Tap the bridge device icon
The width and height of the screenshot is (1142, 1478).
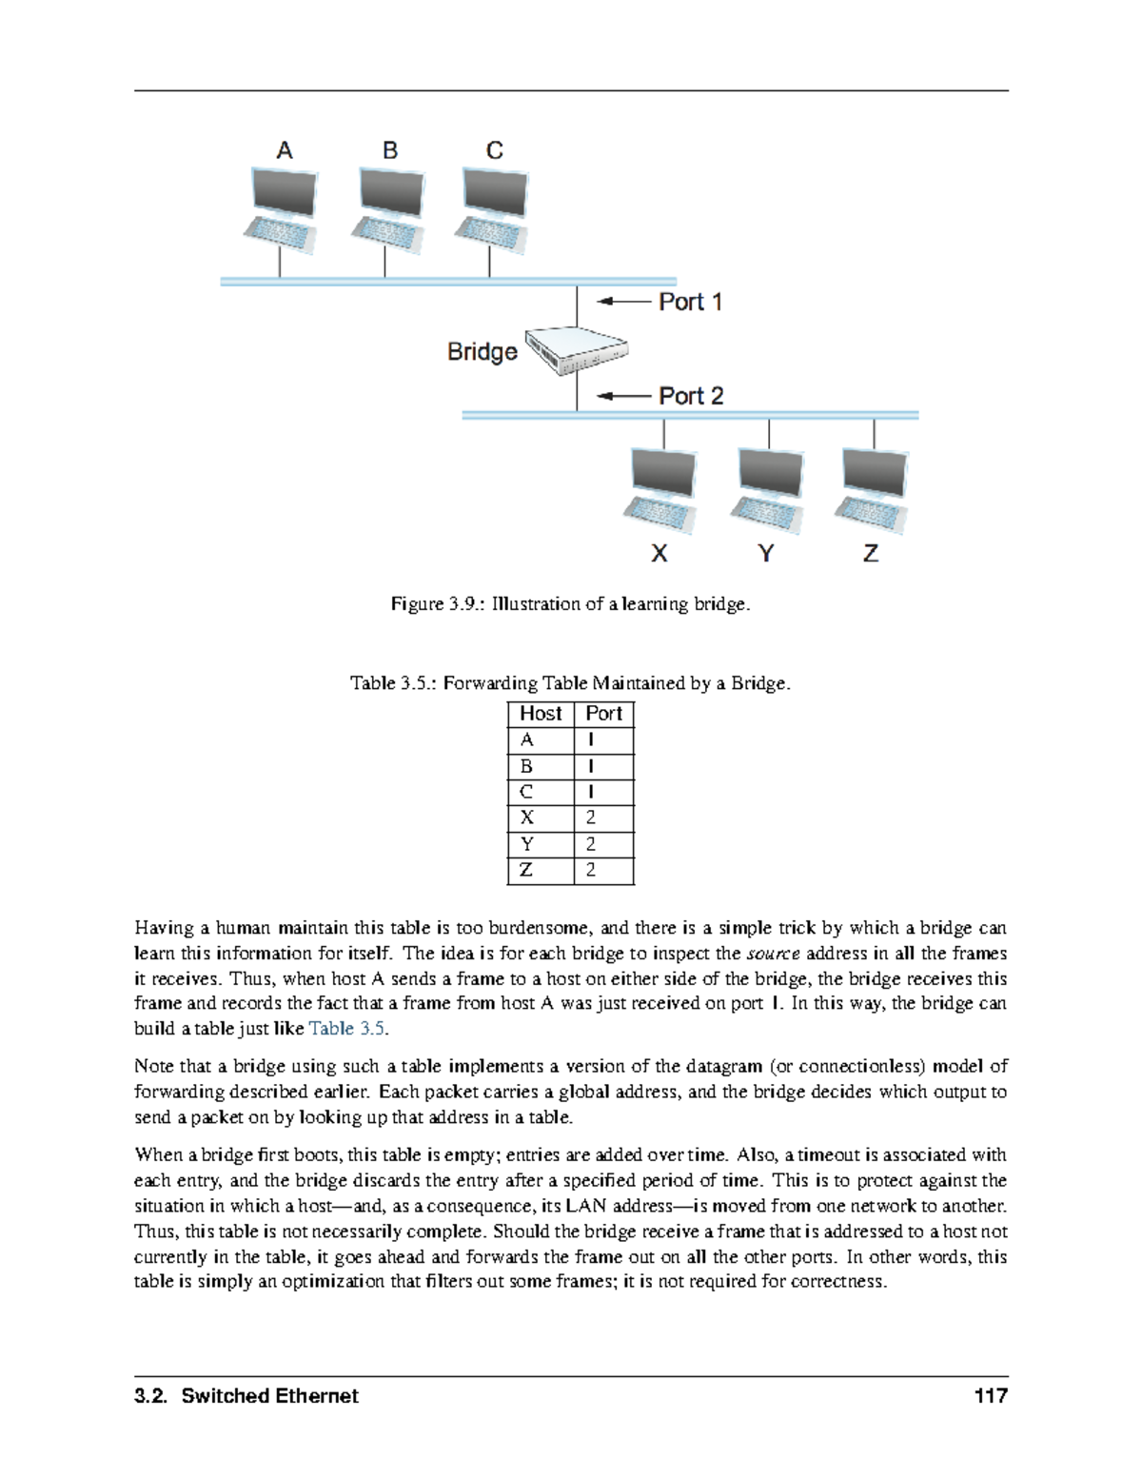click(577, 350)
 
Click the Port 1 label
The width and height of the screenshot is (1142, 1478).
click(690, 302)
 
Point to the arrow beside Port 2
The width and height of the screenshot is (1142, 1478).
click(623, 396)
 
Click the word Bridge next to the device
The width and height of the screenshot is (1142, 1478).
click(482, 352)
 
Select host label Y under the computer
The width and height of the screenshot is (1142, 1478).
click(766, 553)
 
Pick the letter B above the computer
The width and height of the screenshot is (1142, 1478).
click(390, 150)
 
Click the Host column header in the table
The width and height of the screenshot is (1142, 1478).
click(541, 714)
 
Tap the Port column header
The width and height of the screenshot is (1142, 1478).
click(603, 714)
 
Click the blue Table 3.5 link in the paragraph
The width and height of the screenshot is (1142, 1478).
click(347, 1029)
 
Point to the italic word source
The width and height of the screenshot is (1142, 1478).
click(773, 954)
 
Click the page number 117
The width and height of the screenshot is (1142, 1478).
click(990, 1396)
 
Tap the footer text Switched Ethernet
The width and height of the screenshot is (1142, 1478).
click(269, 1396)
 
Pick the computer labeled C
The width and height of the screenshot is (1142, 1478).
click(492, 210)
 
